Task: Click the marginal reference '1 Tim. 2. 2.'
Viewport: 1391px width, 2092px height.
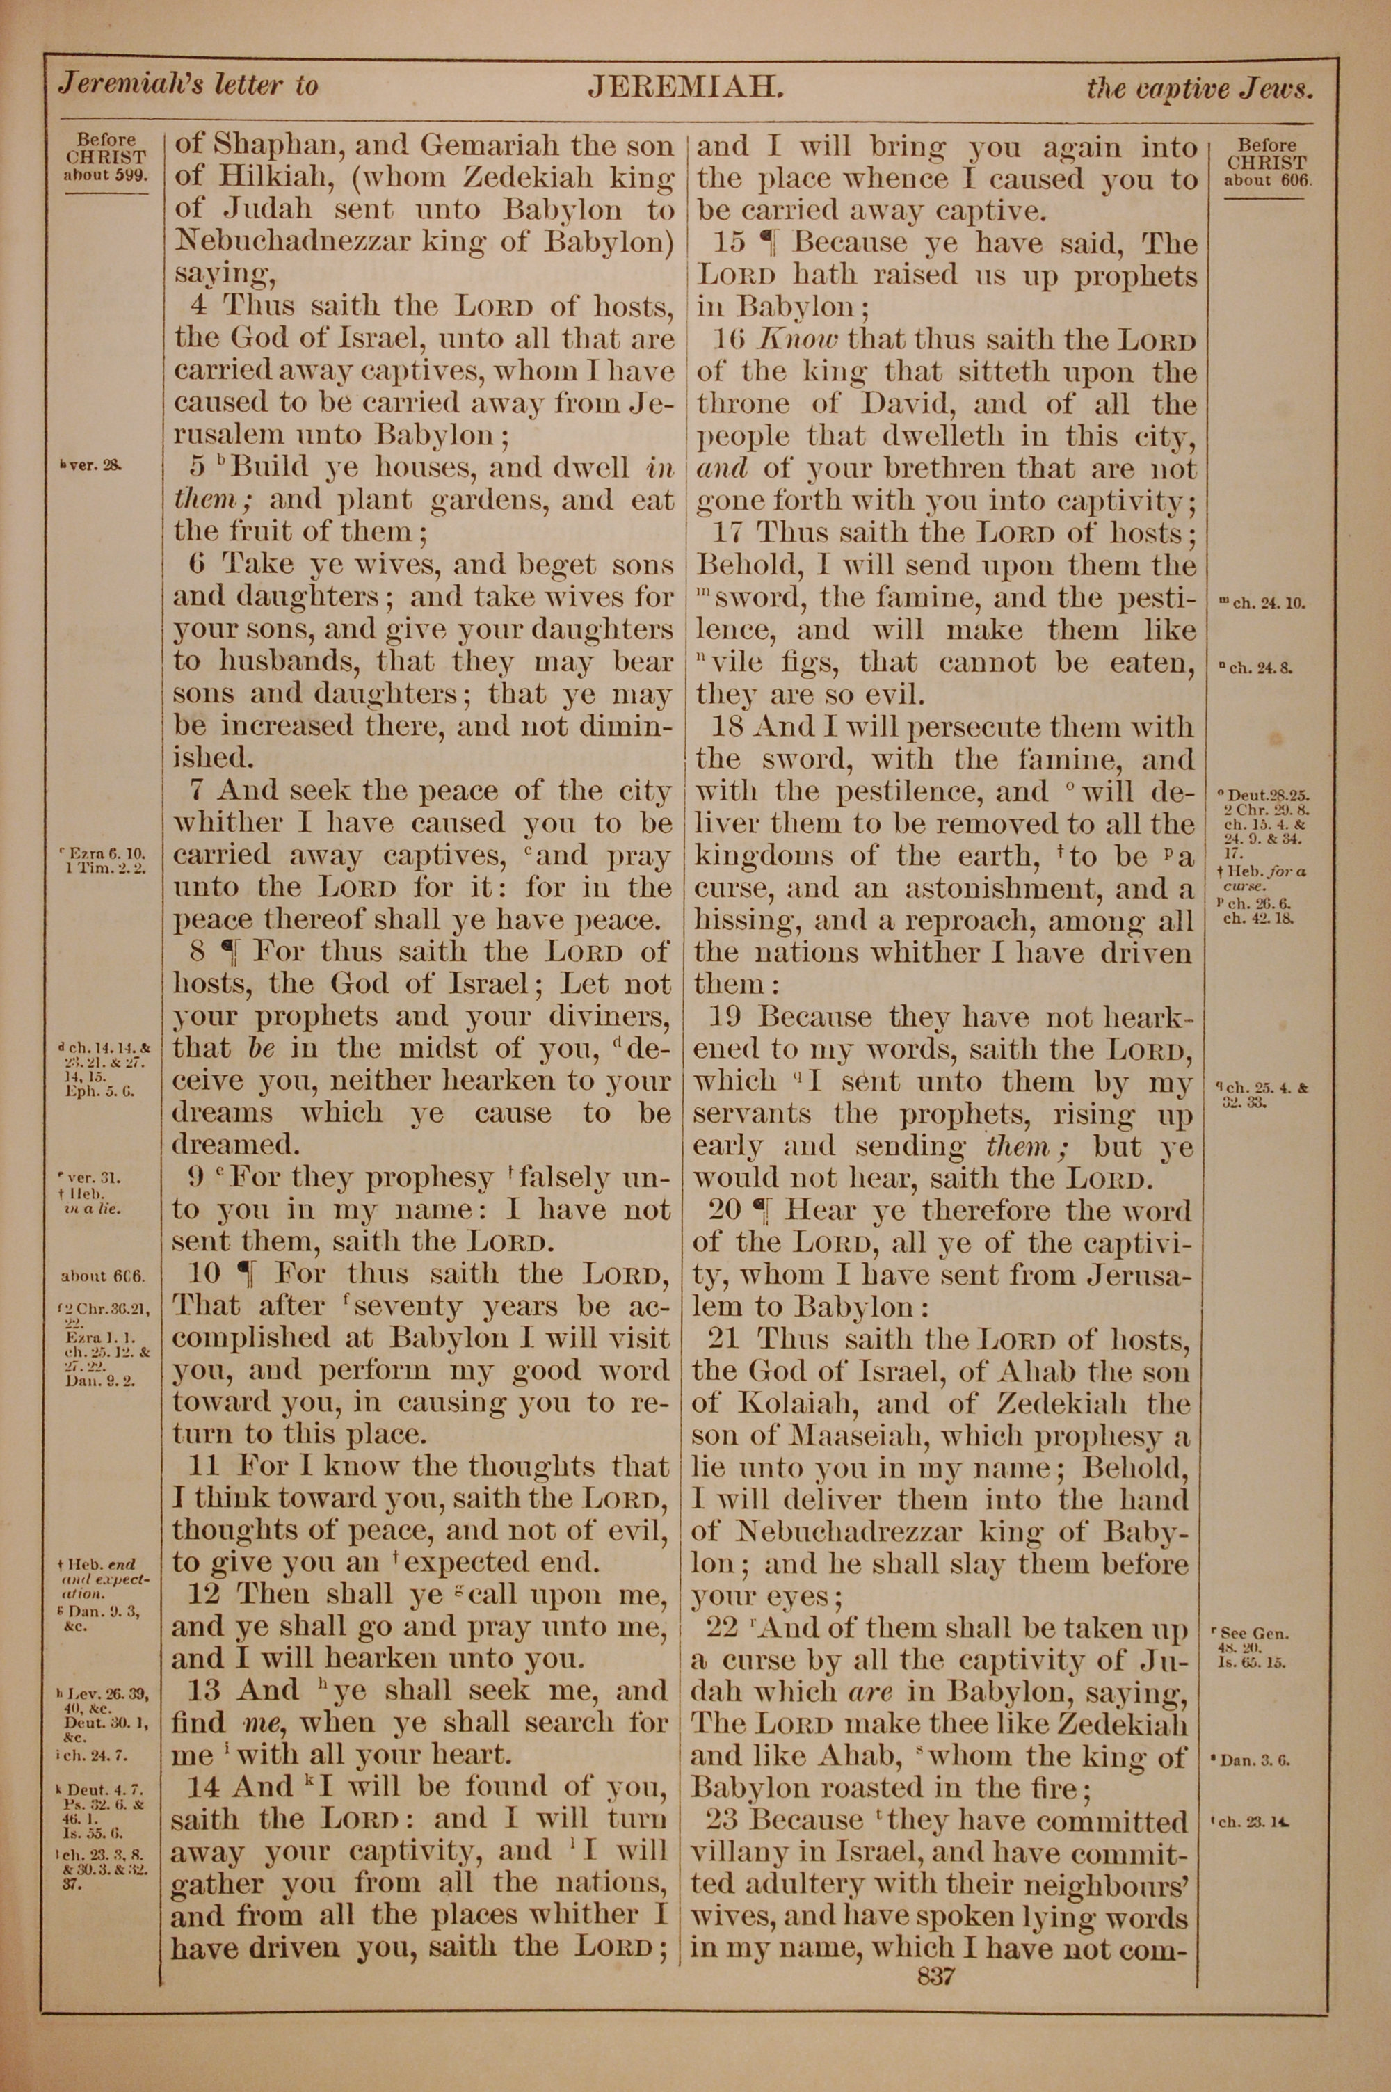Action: (106, 867)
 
